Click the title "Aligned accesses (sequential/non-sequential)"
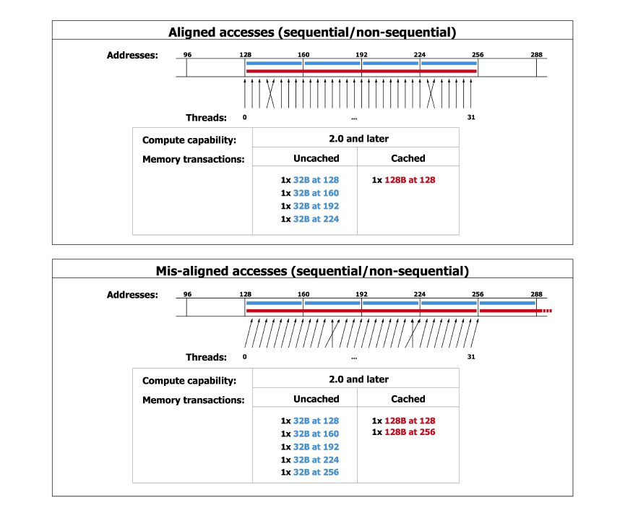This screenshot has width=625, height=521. [x=312, y=33]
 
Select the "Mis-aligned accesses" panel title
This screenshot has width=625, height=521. [x=312, y=272]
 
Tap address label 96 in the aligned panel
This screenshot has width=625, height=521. [x=187, y=55]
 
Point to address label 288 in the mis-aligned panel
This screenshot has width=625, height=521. [x=536, y=295]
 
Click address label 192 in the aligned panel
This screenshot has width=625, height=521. [x=362, y=55]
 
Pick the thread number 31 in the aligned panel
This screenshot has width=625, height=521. [x=471, y=117]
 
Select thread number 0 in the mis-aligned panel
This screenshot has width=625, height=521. [x=245, y=357]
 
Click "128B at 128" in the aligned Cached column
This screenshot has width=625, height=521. [x=410, y=180]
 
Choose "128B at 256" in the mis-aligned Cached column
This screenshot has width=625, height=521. [x=410, y=432]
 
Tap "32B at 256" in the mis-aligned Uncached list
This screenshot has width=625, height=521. [x=316, y=473]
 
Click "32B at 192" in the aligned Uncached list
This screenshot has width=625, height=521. [x=316, y=206]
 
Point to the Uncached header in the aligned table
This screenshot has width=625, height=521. [x=316, y=158]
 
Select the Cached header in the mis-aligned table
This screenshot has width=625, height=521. [x=408, y=399]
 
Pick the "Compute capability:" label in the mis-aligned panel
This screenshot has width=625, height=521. [x=189, y=381]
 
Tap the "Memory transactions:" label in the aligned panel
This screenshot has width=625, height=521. [x=193, y=159]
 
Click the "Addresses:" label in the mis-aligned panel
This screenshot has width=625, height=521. [x=132, y=295]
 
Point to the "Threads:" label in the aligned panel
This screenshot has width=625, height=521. [x=206, y=118]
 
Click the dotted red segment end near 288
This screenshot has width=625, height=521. [x=547, y=311]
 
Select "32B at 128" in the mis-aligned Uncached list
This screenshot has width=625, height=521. [x=316, y=421]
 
